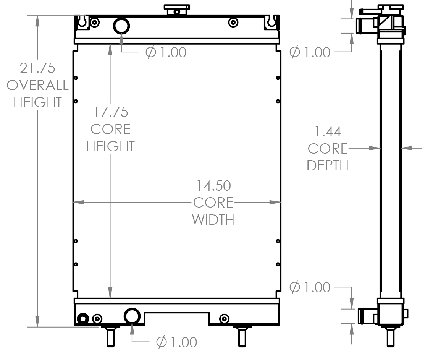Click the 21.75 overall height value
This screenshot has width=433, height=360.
tap(37, 68)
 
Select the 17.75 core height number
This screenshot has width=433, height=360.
tap(111, 112)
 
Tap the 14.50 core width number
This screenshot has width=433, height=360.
tap(213, 186)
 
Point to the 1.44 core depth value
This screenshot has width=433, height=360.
tap(327, 132)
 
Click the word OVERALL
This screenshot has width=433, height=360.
tap(37, 85)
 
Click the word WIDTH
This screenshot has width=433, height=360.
tap(213, 220)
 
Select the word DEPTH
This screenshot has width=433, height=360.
tap(327, 165)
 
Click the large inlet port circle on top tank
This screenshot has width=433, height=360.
tap(121, 26)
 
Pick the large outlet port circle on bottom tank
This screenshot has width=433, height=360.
tap(132, 316)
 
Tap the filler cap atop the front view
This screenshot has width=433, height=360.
tap(177, 10)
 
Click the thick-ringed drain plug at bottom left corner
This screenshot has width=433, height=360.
tap(82, 318)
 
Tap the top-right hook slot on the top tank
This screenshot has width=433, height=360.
tap(271, 22)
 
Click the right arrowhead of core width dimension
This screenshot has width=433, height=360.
tap(276, 202)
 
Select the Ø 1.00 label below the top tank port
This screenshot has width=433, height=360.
tap(166, 52)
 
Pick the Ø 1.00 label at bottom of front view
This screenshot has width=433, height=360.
tap(176, 342)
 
